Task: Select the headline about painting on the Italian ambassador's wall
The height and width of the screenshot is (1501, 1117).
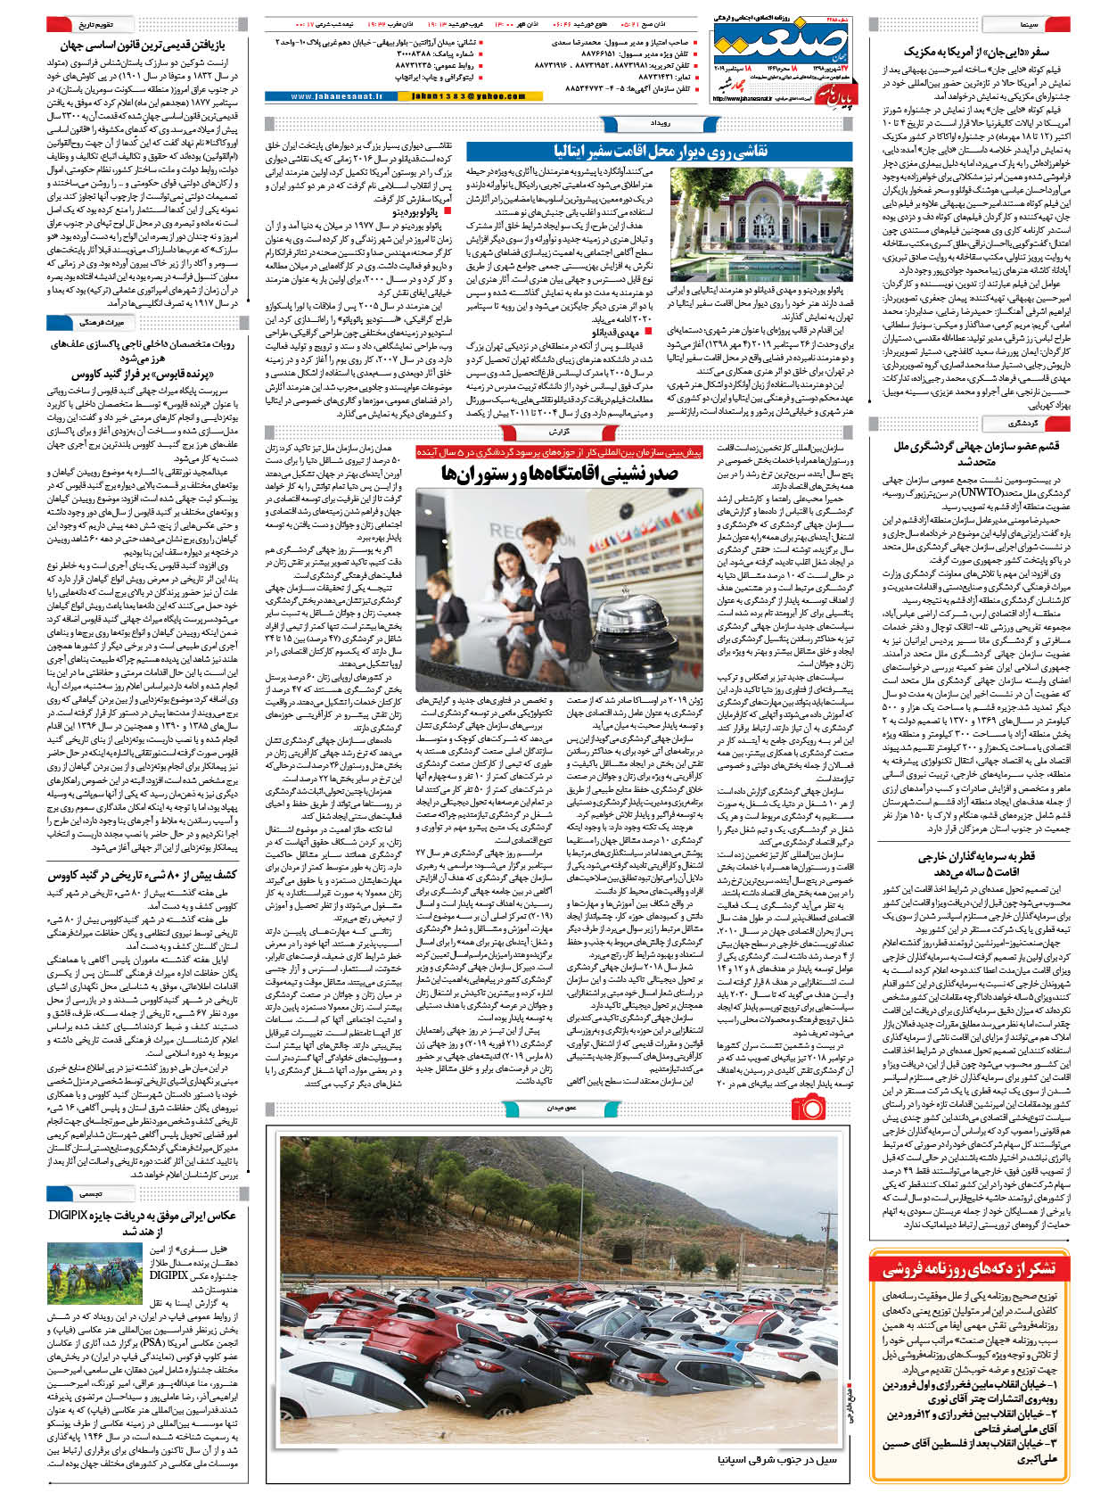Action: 661,151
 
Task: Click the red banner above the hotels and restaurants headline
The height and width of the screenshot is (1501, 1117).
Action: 559,452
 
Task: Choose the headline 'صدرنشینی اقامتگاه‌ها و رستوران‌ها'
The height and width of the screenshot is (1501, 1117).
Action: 559,474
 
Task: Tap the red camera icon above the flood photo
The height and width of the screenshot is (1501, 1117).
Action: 810,1109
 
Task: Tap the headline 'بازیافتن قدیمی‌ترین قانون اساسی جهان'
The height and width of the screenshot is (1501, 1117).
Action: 143,45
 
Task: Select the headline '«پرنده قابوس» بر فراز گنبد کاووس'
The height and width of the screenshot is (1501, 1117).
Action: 143,375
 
